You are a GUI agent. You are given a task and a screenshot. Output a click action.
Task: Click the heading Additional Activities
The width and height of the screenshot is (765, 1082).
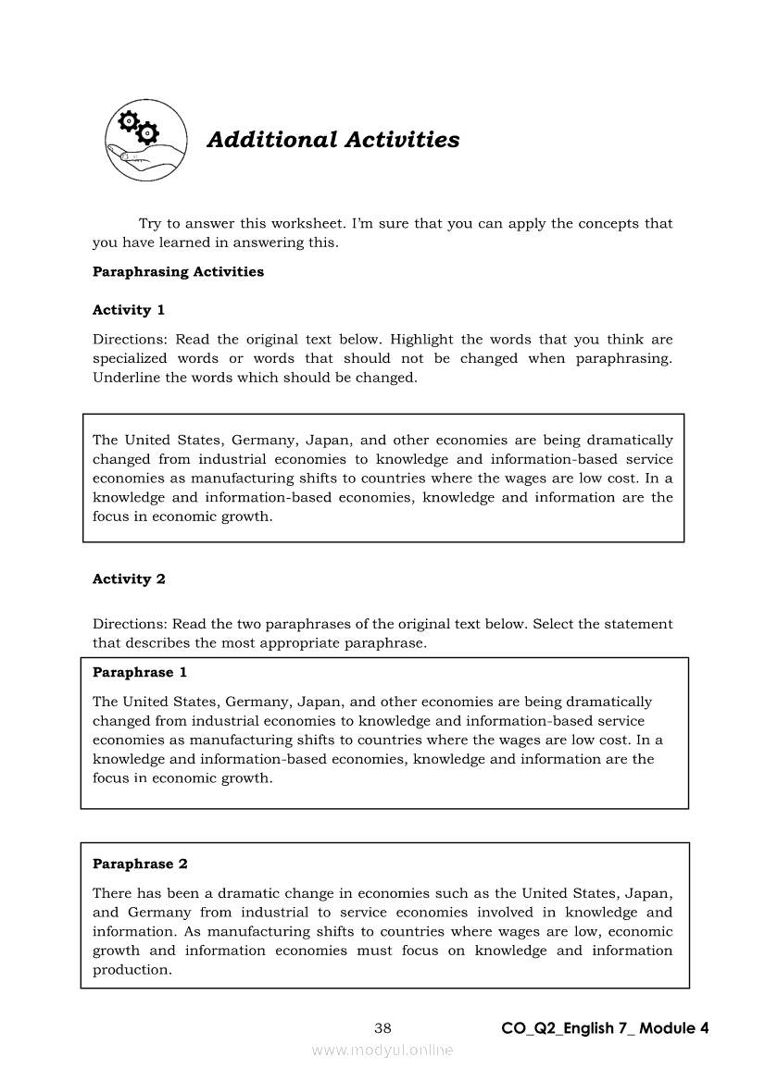click(x=332, y=140)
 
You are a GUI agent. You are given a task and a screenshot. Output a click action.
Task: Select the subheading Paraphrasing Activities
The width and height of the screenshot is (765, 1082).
click(x=178, y=272)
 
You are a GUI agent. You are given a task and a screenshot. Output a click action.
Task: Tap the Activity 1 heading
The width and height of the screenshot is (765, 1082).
click(x=129, y=310)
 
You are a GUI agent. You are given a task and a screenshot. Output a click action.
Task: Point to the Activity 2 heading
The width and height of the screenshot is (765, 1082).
click(x=129, y=579)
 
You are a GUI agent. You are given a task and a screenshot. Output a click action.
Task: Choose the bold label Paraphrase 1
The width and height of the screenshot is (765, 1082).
click(x=140, y=673)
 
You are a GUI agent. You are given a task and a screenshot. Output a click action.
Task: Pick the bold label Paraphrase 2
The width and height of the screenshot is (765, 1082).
click(x=140, y=864)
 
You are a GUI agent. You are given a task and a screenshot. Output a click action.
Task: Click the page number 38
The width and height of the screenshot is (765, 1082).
click(x=382, y=1028)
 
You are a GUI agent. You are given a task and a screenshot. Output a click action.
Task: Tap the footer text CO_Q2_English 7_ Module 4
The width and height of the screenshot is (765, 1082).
click(x=605, y=1028)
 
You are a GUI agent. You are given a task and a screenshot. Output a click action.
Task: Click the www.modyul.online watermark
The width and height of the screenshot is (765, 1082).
click(x=382, y=1050)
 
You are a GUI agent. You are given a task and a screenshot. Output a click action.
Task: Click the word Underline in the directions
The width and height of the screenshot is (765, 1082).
click(x=126, y=378)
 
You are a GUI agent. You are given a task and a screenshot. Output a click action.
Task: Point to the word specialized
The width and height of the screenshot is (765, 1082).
click(x=130, y=358)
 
